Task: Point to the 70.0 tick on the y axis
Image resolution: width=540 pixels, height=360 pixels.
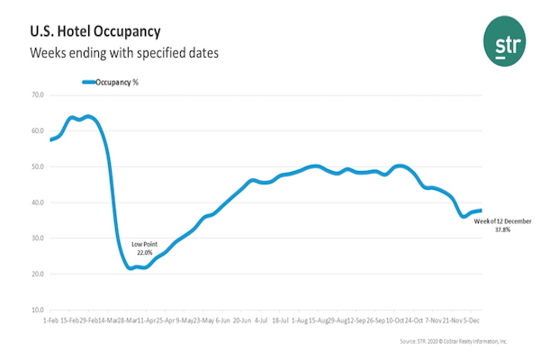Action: pyautogui.click(x=37, y=94)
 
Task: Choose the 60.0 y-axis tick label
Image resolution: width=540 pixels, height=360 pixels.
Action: pyautogui.click(x=37, y=130)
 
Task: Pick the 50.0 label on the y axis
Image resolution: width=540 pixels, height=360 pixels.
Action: pyautogui.click(x=37, y=166)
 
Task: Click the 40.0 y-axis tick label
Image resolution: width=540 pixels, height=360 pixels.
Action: pyautogui.click(x=37, y=202)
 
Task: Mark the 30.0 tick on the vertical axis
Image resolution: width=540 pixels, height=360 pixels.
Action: pyautogui.click(x=37, y=238)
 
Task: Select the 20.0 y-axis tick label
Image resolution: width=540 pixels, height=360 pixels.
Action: pyautogui.click(x=37, y=274)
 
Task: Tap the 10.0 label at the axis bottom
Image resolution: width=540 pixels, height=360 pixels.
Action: pyautogui.click(x=37, y=310)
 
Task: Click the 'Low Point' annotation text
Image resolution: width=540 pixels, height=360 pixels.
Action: pyautogui.click(x=144, y=245)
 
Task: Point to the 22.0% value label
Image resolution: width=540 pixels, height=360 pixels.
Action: pyautogui.click(x=144, y=254)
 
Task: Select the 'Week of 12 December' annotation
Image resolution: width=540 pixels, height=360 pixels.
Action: pyautogui.click(x=503, y=220)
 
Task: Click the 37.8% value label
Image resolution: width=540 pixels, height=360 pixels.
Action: pyautogui.click(x=503, y=230)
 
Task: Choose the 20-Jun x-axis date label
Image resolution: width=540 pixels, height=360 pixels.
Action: pyautogui.click(x=242, y=320)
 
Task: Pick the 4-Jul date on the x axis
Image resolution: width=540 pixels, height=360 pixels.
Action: pyautogui.click(x=261, y=320)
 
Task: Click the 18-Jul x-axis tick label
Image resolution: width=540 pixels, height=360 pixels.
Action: pyautogui.click(x=281, y=320)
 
